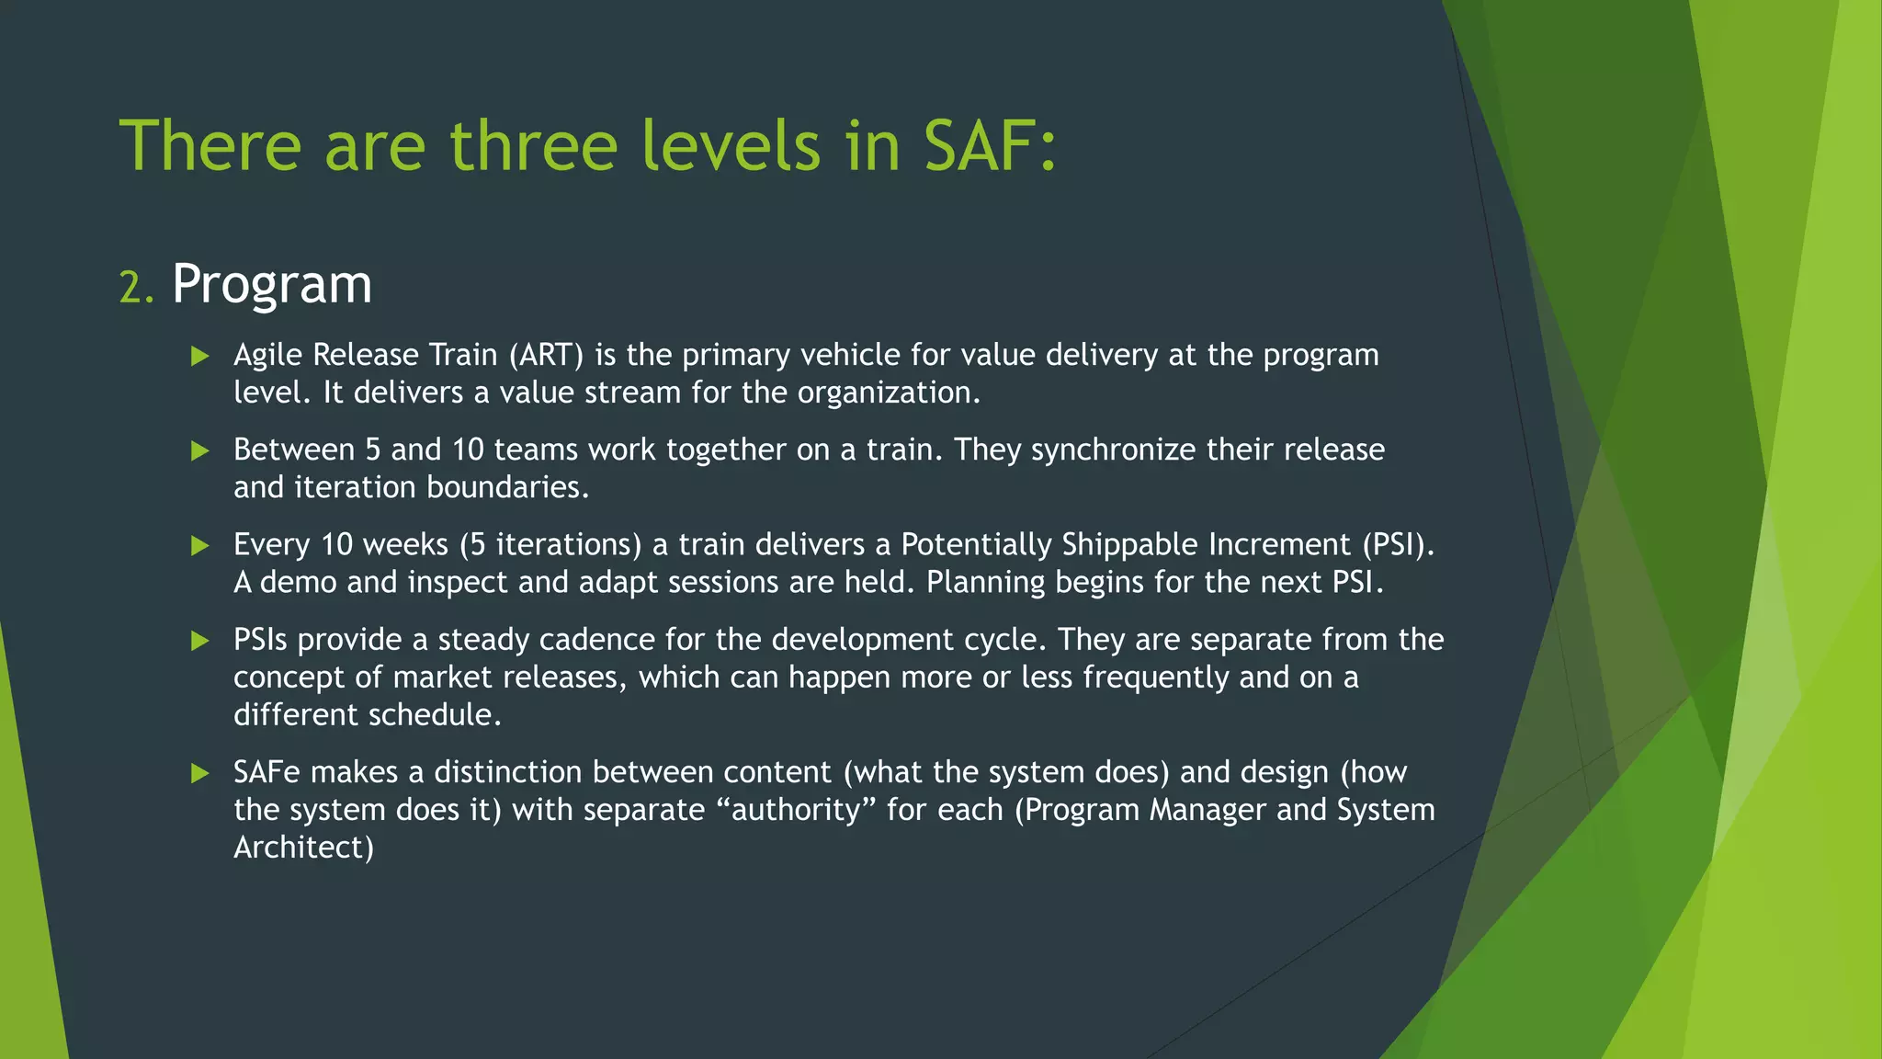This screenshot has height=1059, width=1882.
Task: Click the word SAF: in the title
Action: (x=991, y=145)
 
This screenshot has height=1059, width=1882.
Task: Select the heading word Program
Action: (x=272, y=284)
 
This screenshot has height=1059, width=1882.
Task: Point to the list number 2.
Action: (x=136, y=288)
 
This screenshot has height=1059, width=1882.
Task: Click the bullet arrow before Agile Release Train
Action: (x=200, y=356)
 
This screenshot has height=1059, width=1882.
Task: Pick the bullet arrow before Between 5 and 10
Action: (x=200, y=450)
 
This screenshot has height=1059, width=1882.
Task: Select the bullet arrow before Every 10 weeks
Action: (x=200, y=545)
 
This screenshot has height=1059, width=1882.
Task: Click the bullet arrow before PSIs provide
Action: (x=200, y=640)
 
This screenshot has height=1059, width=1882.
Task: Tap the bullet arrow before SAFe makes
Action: (x=200, y=772)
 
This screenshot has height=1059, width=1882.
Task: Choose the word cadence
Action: (x=597, y=639)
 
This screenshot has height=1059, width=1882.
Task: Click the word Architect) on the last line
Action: (x=303, y=848)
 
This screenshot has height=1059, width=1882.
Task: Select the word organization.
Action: (x=889, y=393)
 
